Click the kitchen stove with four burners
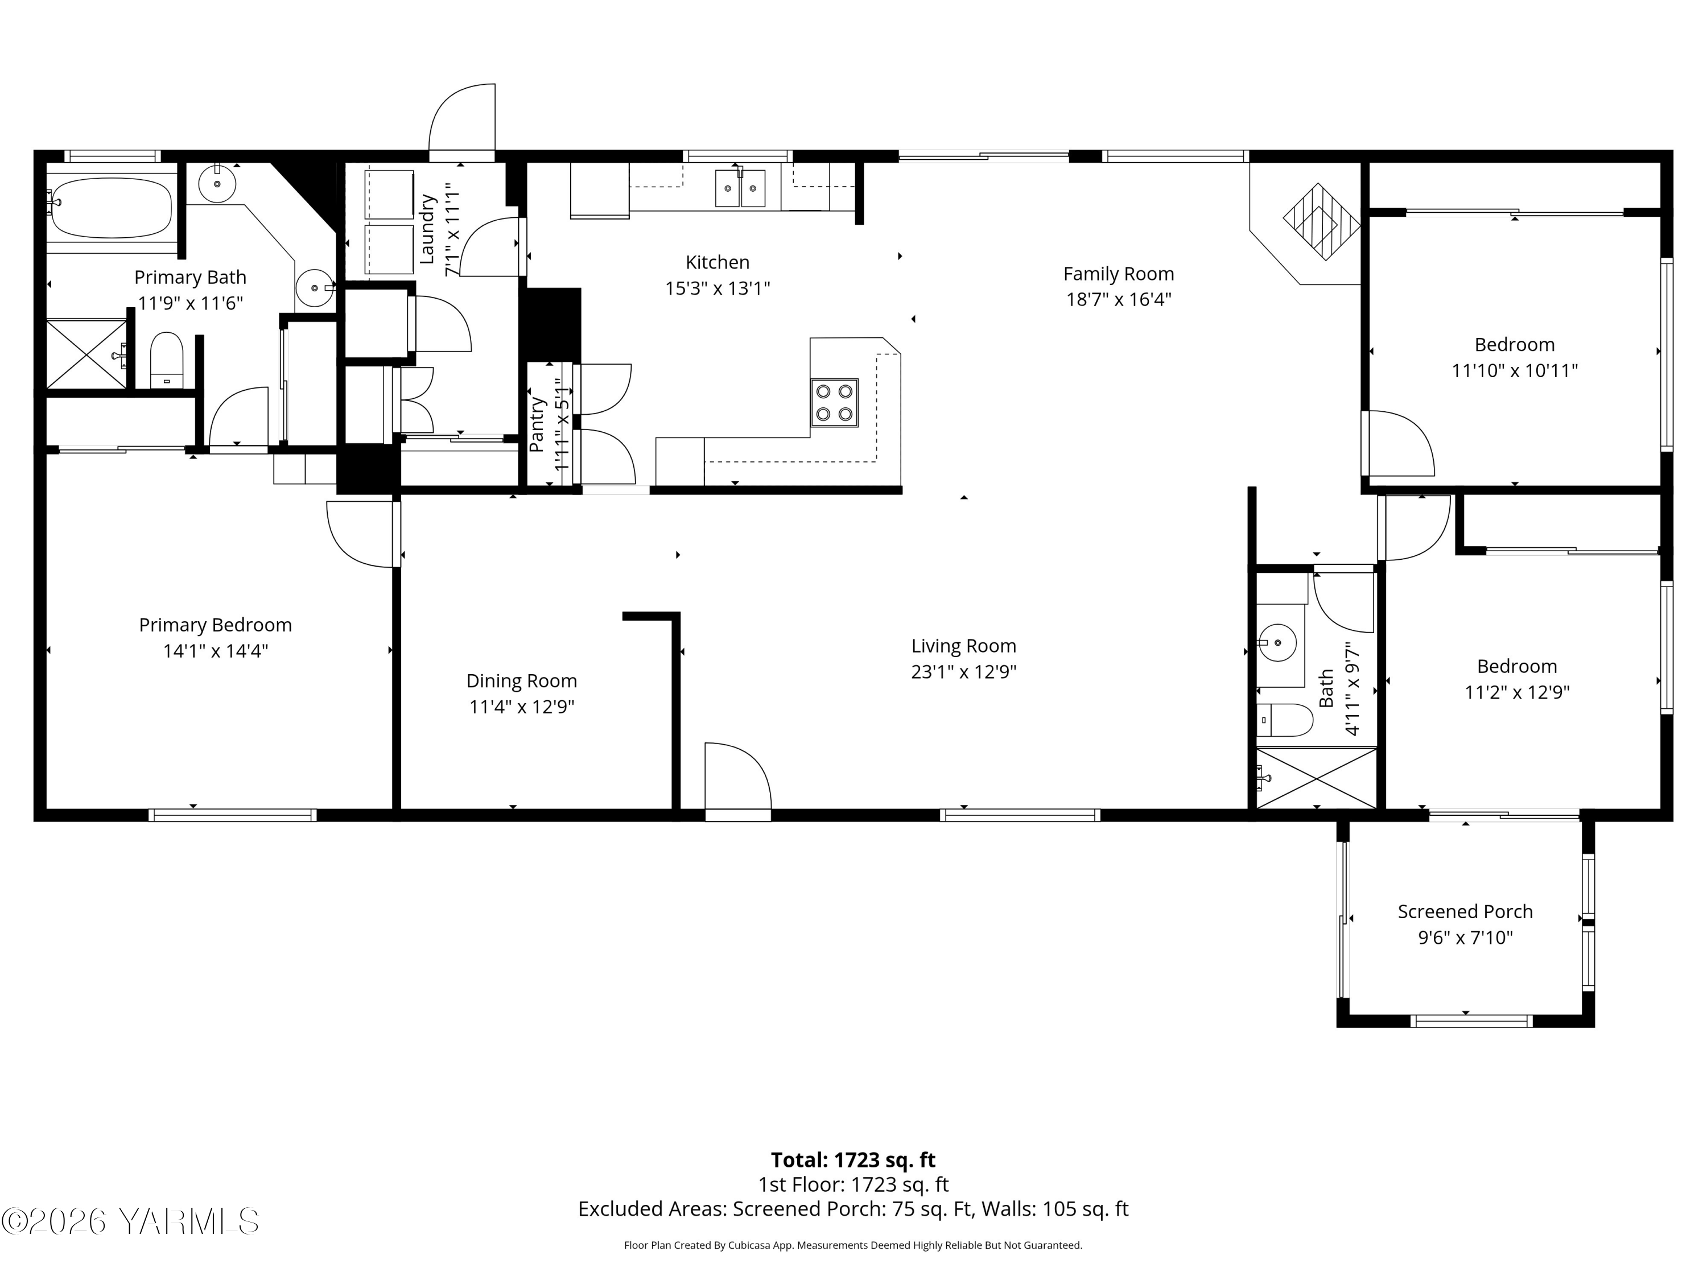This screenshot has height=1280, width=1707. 834,402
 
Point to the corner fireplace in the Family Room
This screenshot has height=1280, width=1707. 1321,222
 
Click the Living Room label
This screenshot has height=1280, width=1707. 963,646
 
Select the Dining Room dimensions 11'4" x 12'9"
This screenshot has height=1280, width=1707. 522,707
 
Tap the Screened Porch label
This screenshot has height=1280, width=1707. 1465,911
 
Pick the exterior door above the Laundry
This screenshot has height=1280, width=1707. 461,119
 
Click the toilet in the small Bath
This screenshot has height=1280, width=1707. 1284,720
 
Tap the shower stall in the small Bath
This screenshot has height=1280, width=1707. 1316,778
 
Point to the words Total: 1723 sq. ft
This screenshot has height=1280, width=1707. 853,1159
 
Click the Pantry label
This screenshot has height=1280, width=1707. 537,425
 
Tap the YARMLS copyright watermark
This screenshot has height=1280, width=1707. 130,1221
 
